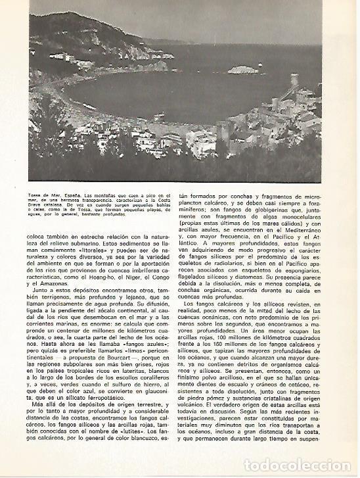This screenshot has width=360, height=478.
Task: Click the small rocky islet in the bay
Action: (x=244, y=69)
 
